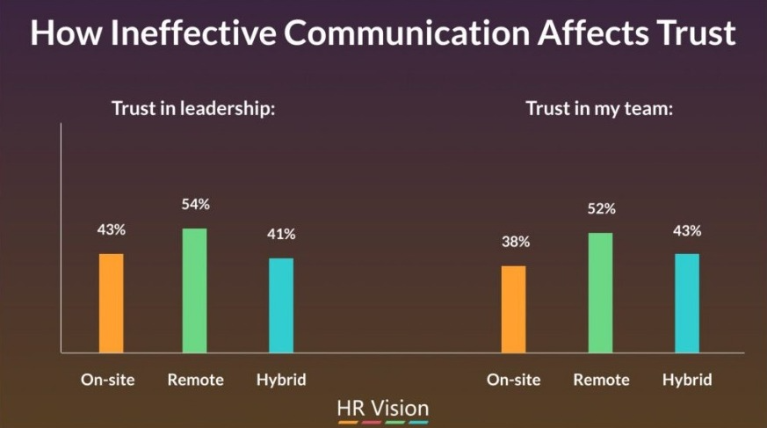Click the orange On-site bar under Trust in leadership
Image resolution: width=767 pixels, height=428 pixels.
(112, 303)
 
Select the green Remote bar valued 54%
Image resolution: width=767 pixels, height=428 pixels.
(195, 290)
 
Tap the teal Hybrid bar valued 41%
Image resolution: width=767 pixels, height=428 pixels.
(281, 305)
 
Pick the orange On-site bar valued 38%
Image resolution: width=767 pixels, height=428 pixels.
(514, 309)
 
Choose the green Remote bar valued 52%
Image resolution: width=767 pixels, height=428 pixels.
(600, 293)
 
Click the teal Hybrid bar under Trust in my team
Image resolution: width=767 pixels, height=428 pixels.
(687, 303)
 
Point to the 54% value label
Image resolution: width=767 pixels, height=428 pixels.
(196, 204)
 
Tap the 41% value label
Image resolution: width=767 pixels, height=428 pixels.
(281, 235)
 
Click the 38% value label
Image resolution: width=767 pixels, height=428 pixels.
(516, 242)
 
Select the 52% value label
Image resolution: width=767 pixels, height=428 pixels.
(602, 209)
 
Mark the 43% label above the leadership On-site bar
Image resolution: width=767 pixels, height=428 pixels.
(111, 229)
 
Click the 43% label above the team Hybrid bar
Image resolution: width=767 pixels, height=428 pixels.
(687, 230)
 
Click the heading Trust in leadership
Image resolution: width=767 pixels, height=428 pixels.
(193, 108)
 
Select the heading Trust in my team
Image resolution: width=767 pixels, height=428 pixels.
(600, 109)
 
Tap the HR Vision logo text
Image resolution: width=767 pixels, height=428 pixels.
(383, 408)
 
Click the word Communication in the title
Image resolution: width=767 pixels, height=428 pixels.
(408, 33)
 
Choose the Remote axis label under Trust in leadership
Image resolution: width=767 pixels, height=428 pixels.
(196, 380)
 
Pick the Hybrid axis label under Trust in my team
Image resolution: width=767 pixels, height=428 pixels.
(687, 380)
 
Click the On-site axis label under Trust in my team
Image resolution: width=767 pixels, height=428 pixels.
(514, 380)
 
